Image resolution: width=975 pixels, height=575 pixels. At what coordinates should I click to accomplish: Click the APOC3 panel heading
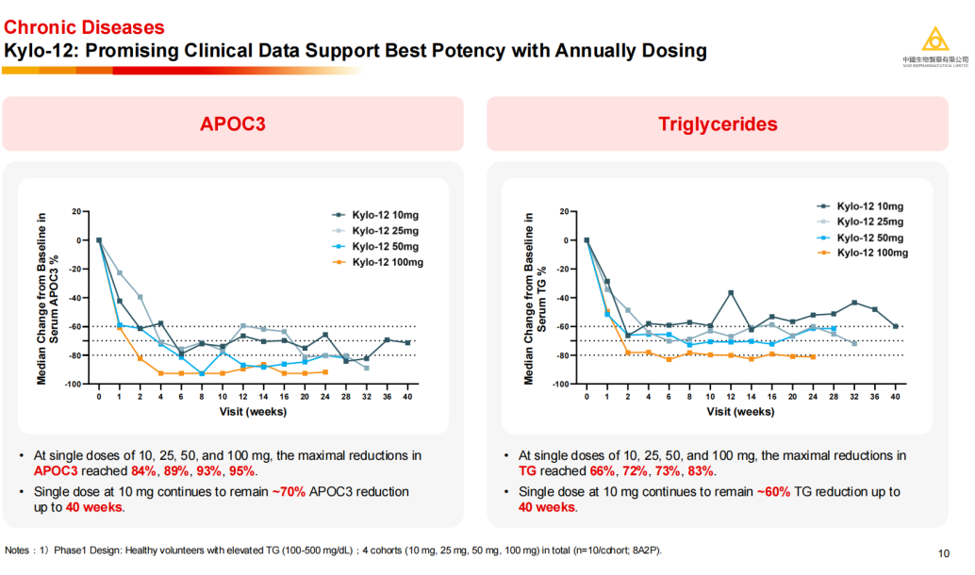pyautogui.click(x=232, y=123)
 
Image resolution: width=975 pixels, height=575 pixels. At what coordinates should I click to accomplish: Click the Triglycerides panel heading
pyautogui.click(x=718, y=123)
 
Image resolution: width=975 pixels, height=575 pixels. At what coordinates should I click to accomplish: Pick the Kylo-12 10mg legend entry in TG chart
pyautogui.click(x=870, y=205)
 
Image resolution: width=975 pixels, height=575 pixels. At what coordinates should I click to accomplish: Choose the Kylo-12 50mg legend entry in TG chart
pyautogui.click(x=871, y=238)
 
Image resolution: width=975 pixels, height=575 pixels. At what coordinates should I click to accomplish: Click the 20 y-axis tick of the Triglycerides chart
pyautogui.click(x=563, y=212)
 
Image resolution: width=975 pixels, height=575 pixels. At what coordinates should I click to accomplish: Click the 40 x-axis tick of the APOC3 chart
pyautogui.click(x=406, y=398)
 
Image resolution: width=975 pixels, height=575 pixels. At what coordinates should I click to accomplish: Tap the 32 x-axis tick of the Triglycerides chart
pyautogui.click(x=853, y=398)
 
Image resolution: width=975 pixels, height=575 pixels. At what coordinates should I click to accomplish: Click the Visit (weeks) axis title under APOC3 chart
pyautogui.click(x=253, y=412)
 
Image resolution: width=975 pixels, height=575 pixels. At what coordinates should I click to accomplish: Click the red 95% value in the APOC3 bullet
pyautogui.click(x=241, y=471)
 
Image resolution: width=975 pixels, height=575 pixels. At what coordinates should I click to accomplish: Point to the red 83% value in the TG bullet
pyautogui.click(x=701, y=471)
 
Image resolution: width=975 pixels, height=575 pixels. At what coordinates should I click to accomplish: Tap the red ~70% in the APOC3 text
pyautogui.click(x=288, y=492)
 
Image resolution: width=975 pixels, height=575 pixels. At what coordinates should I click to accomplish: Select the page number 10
pyautogui.click(x=944, y=553)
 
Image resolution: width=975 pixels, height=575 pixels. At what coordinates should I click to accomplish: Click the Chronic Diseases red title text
pyautogui.click(x=84, y=28)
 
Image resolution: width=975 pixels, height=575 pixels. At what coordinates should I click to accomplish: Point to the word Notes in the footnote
pyautogui.click(x=20, y=550)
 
